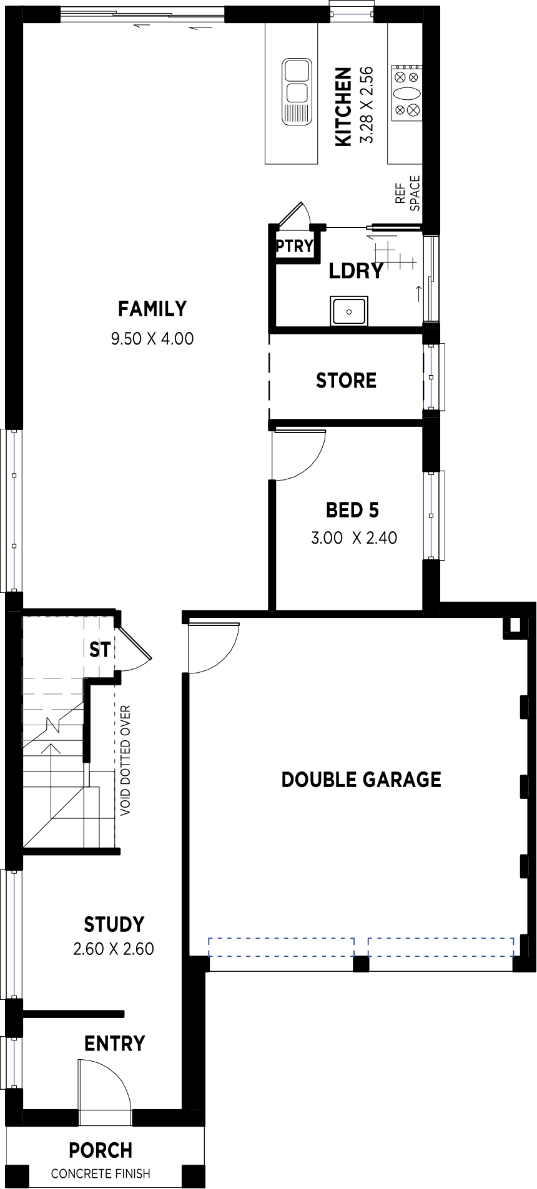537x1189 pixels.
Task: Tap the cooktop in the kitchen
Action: point(406,93)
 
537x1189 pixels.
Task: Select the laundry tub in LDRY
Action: point(349,311)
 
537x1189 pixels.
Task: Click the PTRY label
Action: point(295,246)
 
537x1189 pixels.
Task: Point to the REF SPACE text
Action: point(408,193)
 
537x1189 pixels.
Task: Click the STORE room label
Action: point(346,380)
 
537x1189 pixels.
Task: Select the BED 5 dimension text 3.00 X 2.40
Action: point(354,537)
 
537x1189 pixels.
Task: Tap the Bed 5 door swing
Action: point(299,455)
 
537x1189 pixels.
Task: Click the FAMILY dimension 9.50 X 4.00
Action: point(152,339)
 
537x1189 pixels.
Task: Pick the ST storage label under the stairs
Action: point(100,650)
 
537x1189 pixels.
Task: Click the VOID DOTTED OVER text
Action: point(126,761)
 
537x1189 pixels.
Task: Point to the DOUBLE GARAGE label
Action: point(361,780)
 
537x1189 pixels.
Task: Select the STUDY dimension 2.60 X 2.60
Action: point(114,949)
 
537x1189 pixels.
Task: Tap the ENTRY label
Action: point(115,1044)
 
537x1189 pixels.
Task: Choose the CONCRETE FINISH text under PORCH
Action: point(101,1174)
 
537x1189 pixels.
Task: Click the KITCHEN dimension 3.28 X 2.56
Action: point(367,105)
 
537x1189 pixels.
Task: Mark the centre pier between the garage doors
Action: point(361,964)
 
